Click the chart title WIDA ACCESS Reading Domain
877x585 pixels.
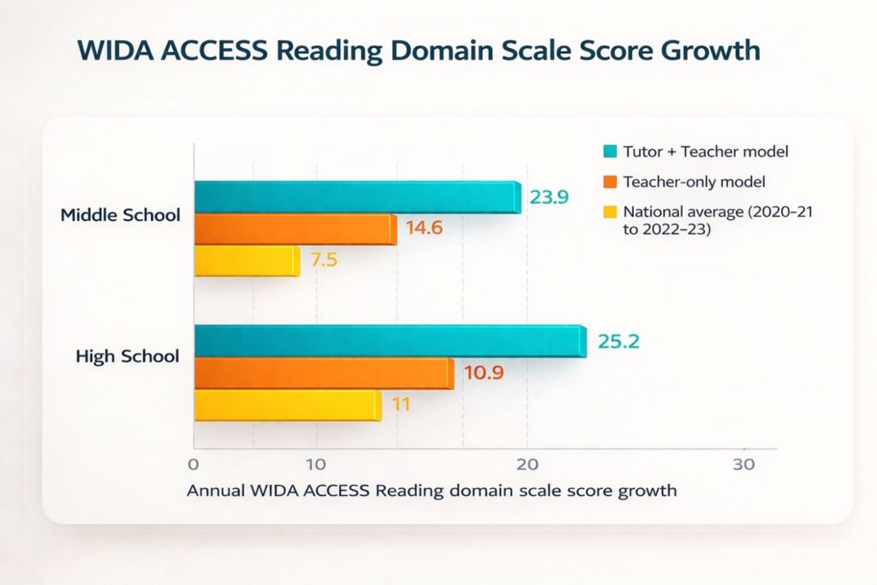click(419, 50)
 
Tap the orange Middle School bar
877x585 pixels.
click(295, 230)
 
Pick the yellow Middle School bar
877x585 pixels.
click(247, 261)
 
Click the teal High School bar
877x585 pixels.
click(390, 341)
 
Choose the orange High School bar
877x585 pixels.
click(324, 373)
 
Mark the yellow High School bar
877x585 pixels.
click(287, 405)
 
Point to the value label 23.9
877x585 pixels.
click(547, 197)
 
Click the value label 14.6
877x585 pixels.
click(424, 230)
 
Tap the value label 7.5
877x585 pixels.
click(324, 261)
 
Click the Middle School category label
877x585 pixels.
click(121, 215)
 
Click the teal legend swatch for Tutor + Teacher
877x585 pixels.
click(610, 152)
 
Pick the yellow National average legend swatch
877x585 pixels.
click(610, 211)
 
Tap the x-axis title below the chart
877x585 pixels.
click(432, 492)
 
